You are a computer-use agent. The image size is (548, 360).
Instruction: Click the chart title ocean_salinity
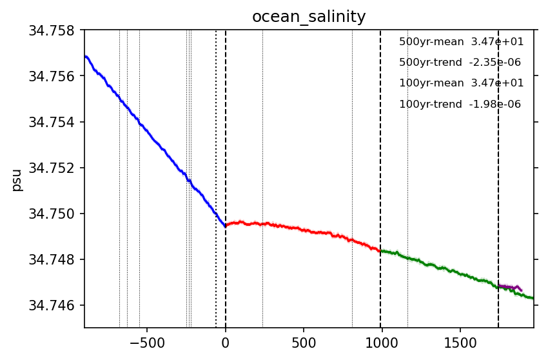(x=309, y=17)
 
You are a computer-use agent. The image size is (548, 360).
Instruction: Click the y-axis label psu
(x=17, y=180)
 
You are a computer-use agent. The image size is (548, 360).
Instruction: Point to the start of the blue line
(x=85, y=56)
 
